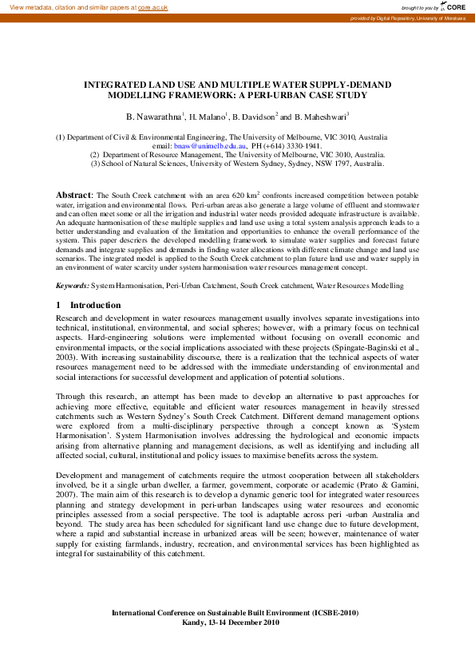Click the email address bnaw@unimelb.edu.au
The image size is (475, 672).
(211, 147)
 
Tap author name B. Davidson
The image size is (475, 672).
(253, 117)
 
